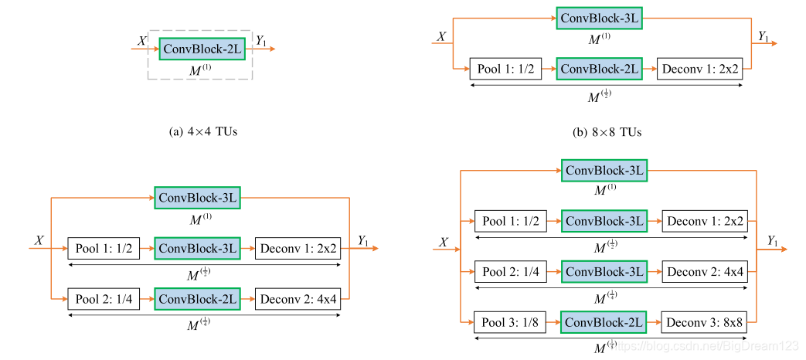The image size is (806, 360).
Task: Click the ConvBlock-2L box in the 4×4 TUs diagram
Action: [202, 48]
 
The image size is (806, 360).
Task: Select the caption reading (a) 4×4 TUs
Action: [202, 132]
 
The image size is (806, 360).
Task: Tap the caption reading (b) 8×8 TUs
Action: [607, 132]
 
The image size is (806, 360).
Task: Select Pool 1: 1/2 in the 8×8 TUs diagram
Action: [505, 69]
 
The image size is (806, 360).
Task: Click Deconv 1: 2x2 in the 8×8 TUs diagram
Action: [699, 69]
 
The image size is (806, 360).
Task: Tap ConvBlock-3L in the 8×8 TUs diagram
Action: [600, 19]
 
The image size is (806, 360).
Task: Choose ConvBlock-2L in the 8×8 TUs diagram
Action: [600, 69]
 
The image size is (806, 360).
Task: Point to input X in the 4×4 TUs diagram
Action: [141, 40]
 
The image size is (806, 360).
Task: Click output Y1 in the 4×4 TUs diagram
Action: [261, 40]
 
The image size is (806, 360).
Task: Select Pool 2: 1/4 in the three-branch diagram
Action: [104, 299]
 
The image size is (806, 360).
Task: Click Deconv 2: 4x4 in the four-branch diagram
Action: [705, 272]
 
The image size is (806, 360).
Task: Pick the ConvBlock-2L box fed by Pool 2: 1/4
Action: [198, 299]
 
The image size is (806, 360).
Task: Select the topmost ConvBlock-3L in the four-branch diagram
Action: [604, 171]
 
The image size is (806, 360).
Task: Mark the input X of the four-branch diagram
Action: [444, 243]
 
